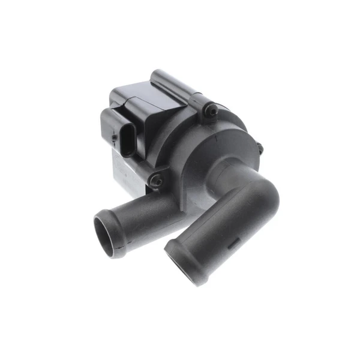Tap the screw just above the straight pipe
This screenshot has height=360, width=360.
[157, 179]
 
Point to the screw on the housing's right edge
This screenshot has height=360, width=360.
[259, 146]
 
